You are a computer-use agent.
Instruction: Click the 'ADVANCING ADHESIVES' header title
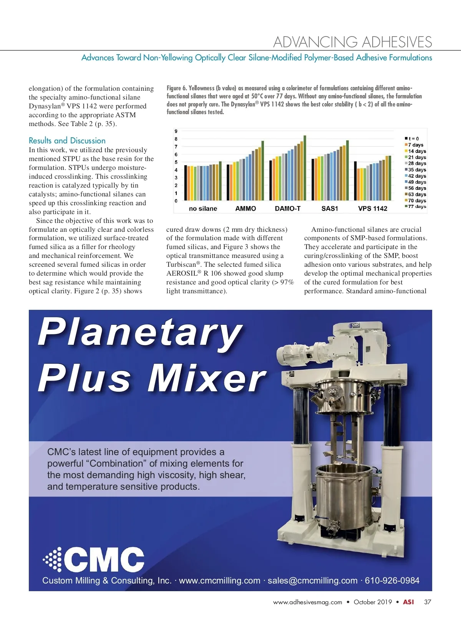click(x=352, y=42)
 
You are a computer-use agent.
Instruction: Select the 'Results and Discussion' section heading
click(x=67, y=141)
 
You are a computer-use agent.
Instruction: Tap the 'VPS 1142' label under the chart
click(x=373, y=208)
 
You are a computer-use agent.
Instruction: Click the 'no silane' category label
click(x=203, y=208)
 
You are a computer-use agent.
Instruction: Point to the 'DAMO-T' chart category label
click(x=288, y=208)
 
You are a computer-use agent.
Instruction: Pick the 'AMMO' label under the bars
click(x=245, y=208)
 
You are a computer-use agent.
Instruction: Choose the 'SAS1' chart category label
click(x=330, y=208)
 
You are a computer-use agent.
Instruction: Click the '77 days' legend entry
click(x=417, y=206)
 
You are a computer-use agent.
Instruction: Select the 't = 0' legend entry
click(x=413, y=138)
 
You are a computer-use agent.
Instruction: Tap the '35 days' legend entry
click(x=417, y=170)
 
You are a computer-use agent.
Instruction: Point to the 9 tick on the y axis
click(x=176, y=131)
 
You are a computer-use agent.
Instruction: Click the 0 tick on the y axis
click(x=176, y=201)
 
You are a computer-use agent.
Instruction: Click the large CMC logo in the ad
click(x=94, y=559)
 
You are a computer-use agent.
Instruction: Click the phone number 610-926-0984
click(x=392, y=580)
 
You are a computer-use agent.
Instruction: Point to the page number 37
click(x=428, y=602)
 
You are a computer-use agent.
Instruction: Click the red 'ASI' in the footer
click(x=408, y=602)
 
